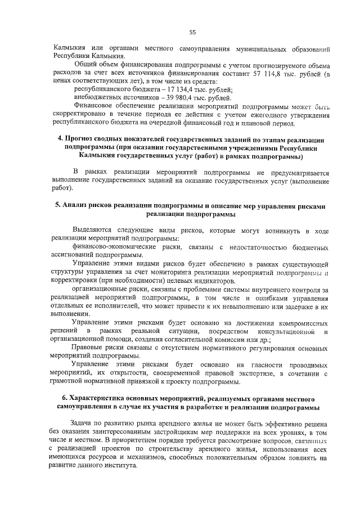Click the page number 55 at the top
192,32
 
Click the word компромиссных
301,323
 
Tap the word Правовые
88,348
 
